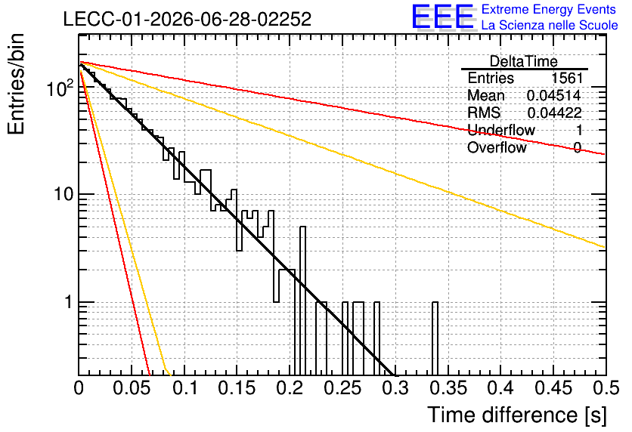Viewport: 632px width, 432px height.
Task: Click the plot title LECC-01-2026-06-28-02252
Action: [x=187, y=19]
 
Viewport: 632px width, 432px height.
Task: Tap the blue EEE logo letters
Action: [x=443, y=17]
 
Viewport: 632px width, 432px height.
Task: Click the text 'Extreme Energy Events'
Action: [x=549, y=9]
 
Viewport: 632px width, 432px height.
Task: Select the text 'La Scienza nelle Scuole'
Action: [x=550, y=25]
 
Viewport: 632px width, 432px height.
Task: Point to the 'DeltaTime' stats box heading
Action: [x=524, y=61]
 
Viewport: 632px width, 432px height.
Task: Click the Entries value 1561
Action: [x=567, y=78]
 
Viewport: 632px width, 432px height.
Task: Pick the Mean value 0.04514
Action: [x=554, y=95]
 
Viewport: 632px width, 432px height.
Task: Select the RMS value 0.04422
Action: [x=554, y=113]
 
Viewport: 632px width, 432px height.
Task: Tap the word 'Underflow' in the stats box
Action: [x=501, y=130]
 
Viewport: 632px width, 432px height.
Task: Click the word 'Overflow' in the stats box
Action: [x=497, y=147]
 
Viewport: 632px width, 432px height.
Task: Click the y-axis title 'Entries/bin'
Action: [x=16, y=84]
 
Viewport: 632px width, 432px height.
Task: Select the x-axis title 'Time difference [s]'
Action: [x=517, y=415]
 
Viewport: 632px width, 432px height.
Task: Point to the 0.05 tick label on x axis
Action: [x=132, y=388]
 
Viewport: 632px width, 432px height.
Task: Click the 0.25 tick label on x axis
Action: [x=342, y=388]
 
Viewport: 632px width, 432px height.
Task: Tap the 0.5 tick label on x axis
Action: [x=606, y=388]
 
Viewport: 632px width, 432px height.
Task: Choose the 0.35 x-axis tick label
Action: [x=448, y=388]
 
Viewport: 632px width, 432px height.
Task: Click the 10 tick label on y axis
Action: [x=64, y=194]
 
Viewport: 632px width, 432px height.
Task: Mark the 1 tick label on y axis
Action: [x=68, y=302]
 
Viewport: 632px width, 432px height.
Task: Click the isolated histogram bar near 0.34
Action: [x=435, y=338]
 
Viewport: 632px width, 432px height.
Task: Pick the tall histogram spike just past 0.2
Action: [x=302, y=301]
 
